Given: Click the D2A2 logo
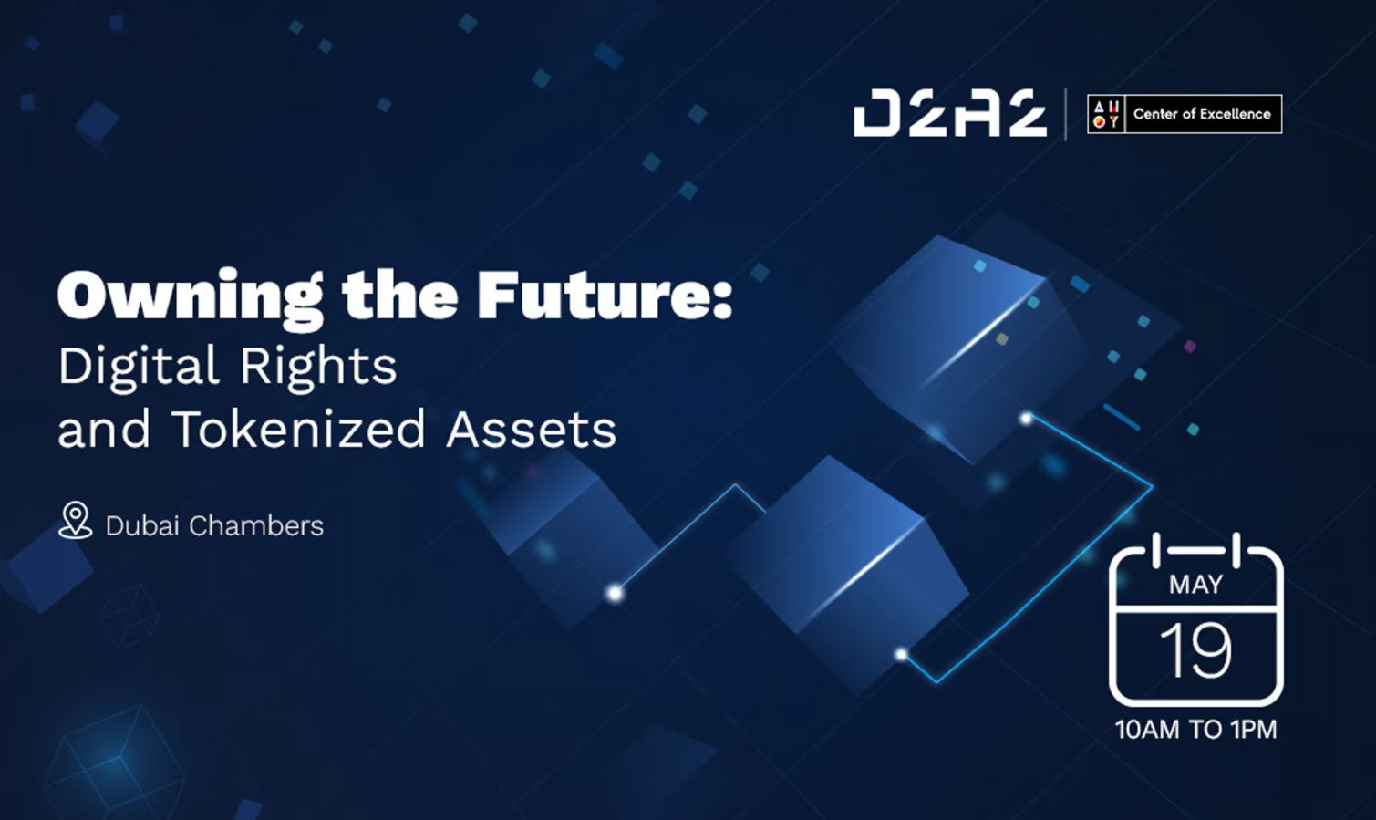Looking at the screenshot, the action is pos(949,114).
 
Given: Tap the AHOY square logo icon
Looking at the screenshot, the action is pos(1106,114).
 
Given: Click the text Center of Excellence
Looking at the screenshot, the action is pos(1202,114).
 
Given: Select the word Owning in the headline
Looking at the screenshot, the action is pos(190,297).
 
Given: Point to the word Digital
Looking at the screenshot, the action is pos(139,367).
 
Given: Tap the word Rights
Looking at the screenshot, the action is pos(318,367).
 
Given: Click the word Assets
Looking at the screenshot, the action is pos(532,429).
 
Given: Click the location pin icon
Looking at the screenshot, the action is pos(75,520).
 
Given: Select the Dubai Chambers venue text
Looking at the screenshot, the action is pos(214,526).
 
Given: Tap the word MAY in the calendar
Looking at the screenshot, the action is pos(1195,584).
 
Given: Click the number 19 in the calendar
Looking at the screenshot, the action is pos(1195,651).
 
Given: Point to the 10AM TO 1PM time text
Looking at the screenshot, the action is pos(1195,730).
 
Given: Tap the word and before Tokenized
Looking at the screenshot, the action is pos(104,429).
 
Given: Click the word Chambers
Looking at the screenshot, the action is pos(256,526).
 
